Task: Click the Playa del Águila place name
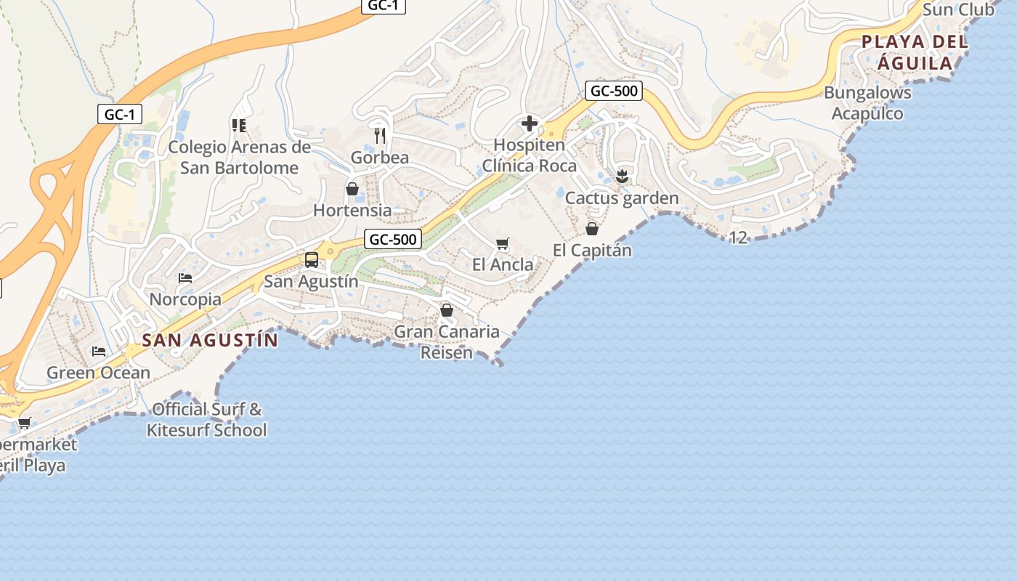click(915, 52)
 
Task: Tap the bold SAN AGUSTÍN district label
click(210, 340)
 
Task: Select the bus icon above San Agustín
click(312, 260)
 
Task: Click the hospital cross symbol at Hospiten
click(530, 123)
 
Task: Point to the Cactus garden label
click(622, 198)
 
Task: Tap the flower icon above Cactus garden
click(622, 176)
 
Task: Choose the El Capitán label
click(592, 251)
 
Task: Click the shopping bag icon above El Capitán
click(592, 229)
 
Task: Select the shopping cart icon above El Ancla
click(502, 244)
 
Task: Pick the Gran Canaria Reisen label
click(447, 342)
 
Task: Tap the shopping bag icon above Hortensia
click(352, 189)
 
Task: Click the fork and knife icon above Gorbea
click(379, 135)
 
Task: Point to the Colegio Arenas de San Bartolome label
click(239, 158)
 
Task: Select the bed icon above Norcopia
click(185, 278)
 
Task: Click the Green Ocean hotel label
click(98, 373)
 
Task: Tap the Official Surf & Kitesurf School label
click(206, 420)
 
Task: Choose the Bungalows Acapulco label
click(867, 103)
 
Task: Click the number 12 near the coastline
click(738, 237)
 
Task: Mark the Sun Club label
click(958, 10)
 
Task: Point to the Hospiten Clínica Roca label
click(530, 155)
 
